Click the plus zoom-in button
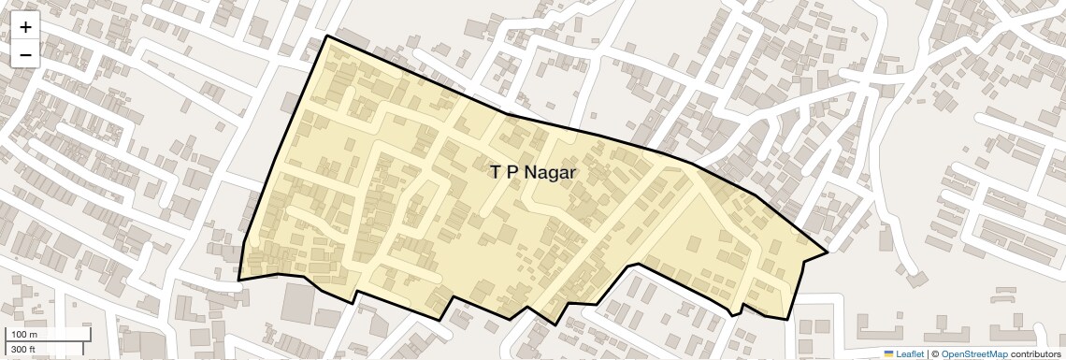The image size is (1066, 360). (x=25, y=27)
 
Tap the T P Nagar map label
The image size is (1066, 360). (x=533, y=172)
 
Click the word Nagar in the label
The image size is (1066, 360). (x=550, y=173)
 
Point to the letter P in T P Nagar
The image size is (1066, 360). (x=511, y=172)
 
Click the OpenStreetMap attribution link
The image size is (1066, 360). (x=974, y=353)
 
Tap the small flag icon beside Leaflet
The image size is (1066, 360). (x=889, y=353)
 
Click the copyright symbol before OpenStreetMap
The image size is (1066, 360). (x=934, y=353)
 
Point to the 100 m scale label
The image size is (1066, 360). (x=24, y=335)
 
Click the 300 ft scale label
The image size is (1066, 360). (x=23, y=349)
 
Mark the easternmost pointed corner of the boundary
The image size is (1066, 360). (x=828, y=252)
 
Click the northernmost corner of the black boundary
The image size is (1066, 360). (x=326, y=36)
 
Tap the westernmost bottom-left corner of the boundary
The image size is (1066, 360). (x=238, y=280)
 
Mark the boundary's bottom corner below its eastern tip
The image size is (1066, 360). (x=786, y=319)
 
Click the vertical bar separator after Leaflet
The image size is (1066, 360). (x=928, y=353)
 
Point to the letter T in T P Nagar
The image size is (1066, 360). (x=495, y=172)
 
